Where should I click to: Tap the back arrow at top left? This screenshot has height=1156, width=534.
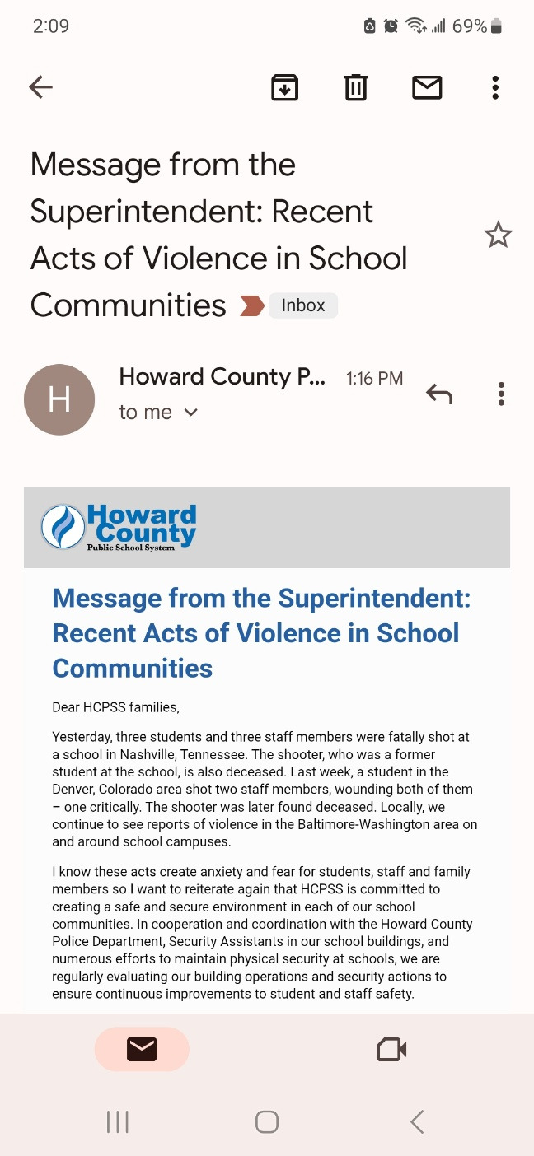point(40,86)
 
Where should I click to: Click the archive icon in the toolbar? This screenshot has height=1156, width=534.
point(284,86)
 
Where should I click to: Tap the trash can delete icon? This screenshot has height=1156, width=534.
point(355,86)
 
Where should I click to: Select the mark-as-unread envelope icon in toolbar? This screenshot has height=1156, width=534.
point(427,86)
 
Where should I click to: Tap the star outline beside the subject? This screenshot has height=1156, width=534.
point(498,235)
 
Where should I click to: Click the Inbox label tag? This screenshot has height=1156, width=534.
point(302,305)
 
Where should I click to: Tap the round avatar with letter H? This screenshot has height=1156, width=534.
point(59,399)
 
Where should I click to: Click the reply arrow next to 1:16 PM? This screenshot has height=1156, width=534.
point(439,394)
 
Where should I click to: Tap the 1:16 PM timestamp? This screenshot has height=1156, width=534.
point(374,379)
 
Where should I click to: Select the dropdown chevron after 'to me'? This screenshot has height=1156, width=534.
point(191,413)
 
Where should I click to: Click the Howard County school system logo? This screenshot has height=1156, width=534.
point(119,527)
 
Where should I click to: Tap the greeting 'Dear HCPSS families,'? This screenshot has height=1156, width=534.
point(115,707)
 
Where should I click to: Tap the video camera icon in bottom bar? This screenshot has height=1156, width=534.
point(391,1049)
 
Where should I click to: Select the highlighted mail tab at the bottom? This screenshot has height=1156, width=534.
point(142,1049)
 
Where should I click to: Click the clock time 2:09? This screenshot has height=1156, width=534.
point(51,26)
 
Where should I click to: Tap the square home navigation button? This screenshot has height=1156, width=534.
point(267,1121)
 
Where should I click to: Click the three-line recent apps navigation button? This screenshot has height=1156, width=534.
point(118,1121)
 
